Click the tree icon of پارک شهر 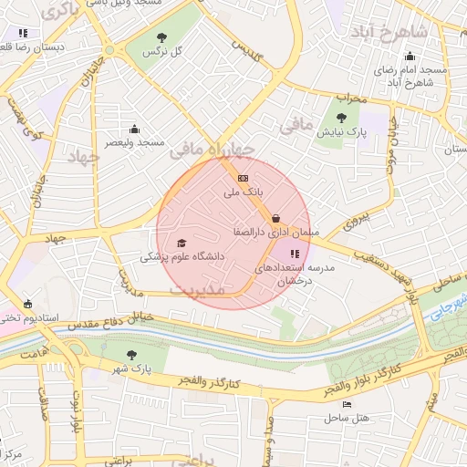coord(132,354)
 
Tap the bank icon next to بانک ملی coord(242,178)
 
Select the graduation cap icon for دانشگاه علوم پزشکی coord(182,243)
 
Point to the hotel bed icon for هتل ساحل coord(346,404)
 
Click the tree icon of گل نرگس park coord(162,37)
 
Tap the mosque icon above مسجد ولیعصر coord(135,129)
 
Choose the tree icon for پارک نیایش coord(341,117)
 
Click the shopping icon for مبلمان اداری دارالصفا coord(275,218)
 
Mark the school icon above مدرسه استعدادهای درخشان coord(294,254)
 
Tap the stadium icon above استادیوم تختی coord(28,304)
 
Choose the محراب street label coord(350,97)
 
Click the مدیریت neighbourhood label coord(198,290)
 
